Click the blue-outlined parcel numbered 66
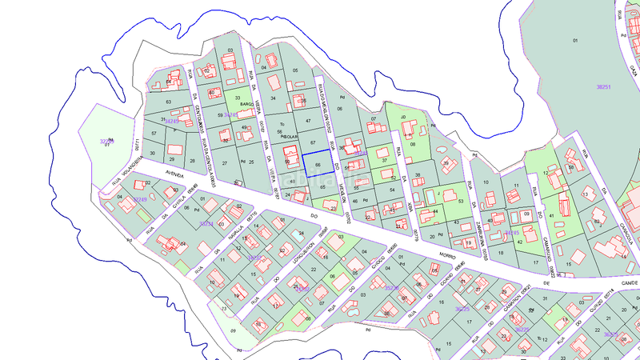click(x=318, y=164)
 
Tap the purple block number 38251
click(x=604, y=86)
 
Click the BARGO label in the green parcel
click(x=246, y=104)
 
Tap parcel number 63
click(x=168, y=102)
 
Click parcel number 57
click(x=154, y=133)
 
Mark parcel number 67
click(x=313, y=142)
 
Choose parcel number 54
click(x=392, y=190)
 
